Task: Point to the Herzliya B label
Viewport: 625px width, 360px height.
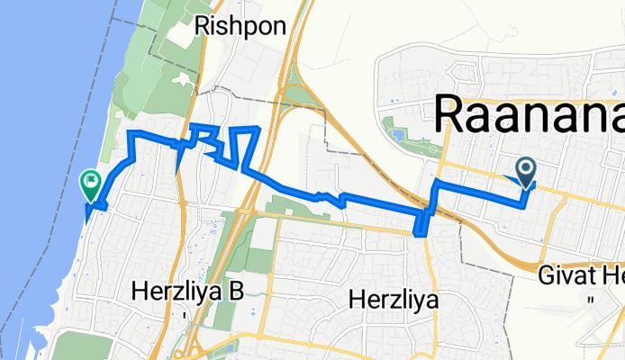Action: tap(188, 291)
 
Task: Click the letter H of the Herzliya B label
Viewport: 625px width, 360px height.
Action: tap(139, 291)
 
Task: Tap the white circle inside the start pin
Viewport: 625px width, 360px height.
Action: tap(525, 166)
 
